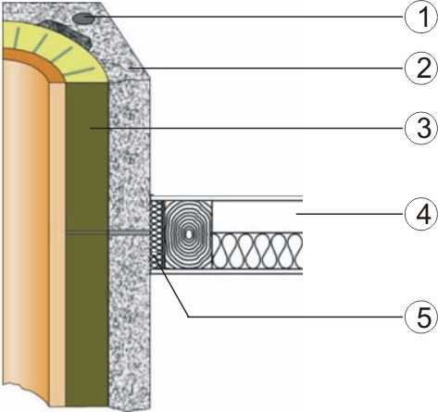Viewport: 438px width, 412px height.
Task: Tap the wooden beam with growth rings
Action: click(x=188, y=234)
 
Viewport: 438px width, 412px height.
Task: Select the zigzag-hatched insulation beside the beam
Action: click(x=257, y=251)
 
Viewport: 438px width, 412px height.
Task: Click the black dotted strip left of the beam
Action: click(x=157, y=234)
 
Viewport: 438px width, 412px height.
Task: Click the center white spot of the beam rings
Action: click(x=188, y=234)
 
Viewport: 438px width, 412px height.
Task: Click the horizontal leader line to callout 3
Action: click(x=248, y=128)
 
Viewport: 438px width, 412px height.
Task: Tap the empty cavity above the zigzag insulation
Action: click(x=257, y=217)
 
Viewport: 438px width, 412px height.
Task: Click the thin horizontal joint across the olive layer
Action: click(x=87, y=232)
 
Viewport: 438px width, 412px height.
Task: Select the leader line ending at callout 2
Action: click(x=267, y=68)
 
